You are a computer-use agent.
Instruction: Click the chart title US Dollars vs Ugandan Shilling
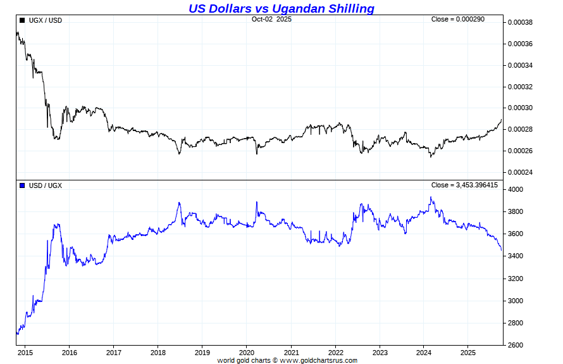click(281, 8)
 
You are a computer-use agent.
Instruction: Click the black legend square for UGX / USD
click(22, 20)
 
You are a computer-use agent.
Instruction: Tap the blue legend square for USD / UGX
click(22, 185)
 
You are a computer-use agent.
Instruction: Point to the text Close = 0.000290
click(457, 20)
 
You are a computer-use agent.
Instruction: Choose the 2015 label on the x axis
click(25, 353)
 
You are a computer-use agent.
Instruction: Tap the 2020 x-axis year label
click(247, 353)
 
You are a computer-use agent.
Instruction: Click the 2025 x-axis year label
click(468, 353)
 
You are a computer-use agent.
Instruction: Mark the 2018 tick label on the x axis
click(158, 353)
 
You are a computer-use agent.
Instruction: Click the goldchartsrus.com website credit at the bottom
click(287, 360)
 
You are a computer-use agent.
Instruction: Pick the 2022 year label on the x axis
click(335, 353)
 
